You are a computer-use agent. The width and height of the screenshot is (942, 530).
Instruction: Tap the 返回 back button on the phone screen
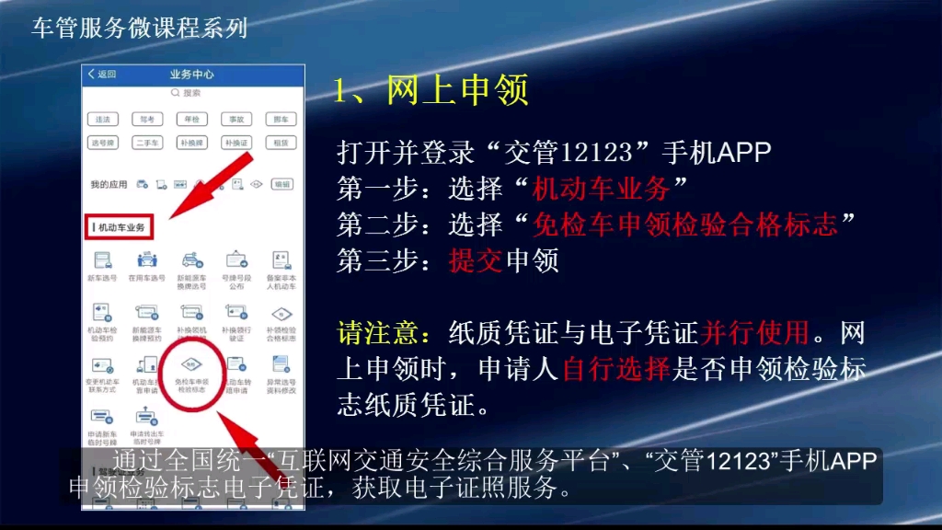point(102,75)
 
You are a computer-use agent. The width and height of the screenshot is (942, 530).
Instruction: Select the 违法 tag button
point(102,120)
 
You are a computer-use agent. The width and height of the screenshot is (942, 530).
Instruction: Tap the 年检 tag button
point(191,120)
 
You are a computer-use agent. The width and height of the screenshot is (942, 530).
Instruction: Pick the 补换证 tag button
point(236,143)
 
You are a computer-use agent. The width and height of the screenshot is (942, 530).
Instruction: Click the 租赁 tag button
point(281,143)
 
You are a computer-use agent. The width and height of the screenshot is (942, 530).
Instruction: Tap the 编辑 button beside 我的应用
point(281,184)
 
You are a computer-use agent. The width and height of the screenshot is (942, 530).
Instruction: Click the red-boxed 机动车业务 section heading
point(119,226)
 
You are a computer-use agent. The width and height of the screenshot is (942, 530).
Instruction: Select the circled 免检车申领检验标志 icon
point(191,374)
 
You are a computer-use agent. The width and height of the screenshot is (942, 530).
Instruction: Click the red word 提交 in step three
point(476,261)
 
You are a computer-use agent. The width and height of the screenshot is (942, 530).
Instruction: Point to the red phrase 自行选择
point(615,370)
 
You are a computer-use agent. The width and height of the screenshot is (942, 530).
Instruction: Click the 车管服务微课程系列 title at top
point(140,29)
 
